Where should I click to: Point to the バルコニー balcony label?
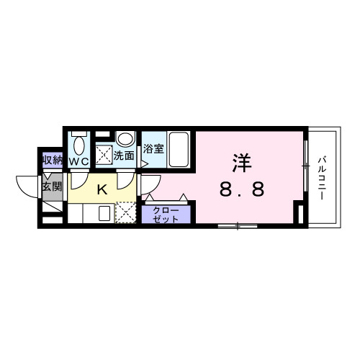(x=324, y=176)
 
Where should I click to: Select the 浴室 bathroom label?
(x=153, y=150)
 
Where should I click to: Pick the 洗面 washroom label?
(x=125, y=154)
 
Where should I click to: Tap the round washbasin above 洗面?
(x=125, y=139)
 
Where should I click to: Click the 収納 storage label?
(x=52, y=160)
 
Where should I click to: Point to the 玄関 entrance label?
(x=51, y=187)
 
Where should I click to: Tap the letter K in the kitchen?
(x=102, y=189)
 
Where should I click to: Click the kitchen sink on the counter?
(x=103, y=214)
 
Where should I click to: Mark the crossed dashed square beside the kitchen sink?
(x=125, y=214)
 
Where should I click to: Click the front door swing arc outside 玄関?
(x=27, y=189)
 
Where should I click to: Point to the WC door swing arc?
(x=78, y=177)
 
